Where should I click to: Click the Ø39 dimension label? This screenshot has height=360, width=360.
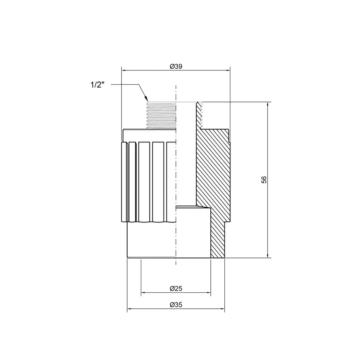click(x=176, y=66)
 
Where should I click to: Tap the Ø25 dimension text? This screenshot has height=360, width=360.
click(x=176, y=288)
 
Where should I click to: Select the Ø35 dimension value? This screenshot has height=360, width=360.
click(x=176, y=305)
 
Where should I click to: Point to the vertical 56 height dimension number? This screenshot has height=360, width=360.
click(x=264, y=180)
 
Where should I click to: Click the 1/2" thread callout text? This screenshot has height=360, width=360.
click(x=97, y=85)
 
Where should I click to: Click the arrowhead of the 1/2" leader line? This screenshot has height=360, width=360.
click(x=146, y=99)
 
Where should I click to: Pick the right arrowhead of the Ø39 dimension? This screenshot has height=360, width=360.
click(x=227, y=70)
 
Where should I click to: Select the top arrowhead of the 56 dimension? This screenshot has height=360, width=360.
click(x=268, y=105)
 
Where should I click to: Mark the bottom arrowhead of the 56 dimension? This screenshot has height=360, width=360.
click(x=268, y=255)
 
